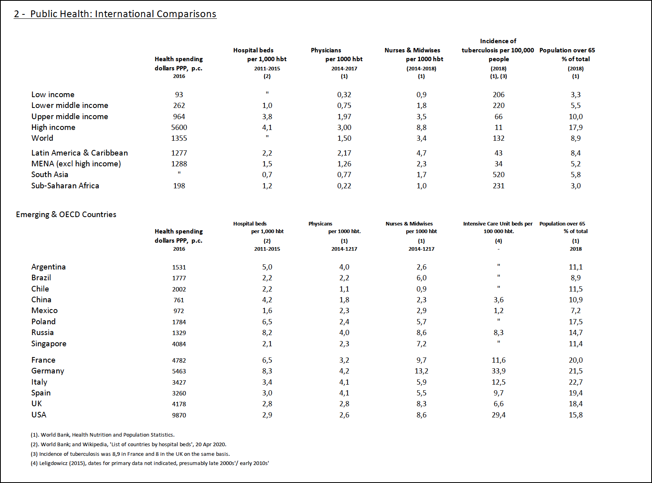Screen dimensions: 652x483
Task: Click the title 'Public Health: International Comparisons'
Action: click(123, 14)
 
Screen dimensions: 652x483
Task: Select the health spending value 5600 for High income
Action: click(179, 128)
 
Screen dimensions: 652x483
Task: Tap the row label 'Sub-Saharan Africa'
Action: click(65, 186)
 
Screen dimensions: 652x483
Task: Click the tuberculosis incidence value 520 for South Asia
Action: click(499, 175)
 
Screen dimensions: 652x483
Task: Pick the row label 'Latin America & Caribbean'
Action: click(80, 153)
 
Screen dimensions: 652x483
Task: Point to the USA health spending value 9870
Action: click(179, 415)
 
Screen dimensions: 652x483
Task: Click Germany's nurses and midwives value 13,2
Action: click(421, 371)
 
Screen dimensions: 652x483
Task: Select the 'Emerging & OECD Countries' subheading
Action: click(66, 214)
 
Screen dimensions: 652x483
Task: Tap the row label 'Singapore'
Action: click(49, 344)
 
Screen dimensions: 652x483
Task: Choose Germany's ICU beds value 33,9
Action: click(499, 371)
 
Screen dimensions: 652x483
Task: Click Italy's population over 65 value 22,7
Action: click(576, 382)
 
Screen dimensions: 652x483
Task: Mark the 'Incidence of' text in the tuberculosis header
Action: click(498, 41)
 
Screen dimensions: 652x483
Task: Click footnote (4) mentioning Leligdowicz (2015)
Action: click(150, 463)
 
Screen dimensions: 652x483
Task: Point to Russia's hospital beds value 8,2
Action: click(267, 333)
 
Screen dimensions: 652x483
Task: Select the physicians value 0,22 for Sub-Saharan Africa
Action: click(344, 186)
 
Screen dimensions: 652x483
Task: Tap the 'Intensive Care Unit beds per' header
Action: click(498, 224)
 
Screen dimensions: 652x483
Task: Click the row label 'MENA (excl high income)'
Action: click(76, 164)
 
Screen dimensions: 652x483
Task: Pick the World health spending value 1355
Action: click(179, 138)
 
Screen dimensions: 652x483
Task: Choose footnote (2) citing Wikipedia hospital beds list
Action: click(129, 445)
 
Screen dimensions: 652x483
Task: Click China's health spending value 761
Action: click(179, 300)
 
